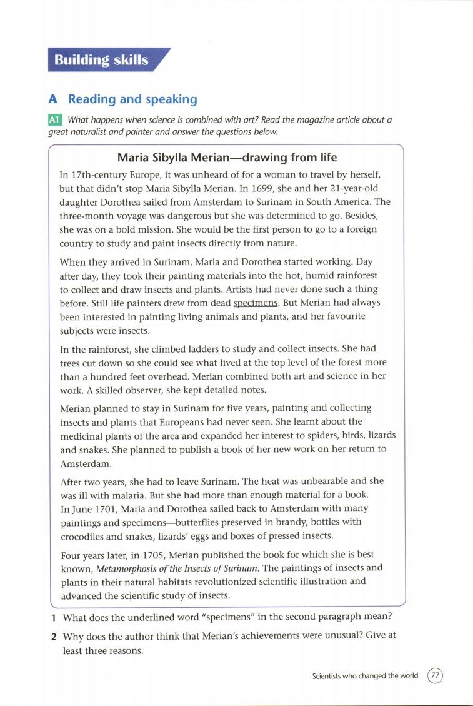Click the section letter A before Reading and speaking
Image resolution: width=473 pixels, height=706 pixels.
tap(53, 99)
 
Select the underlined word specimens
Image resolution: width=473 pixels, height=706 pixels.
tap(255, 303)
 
